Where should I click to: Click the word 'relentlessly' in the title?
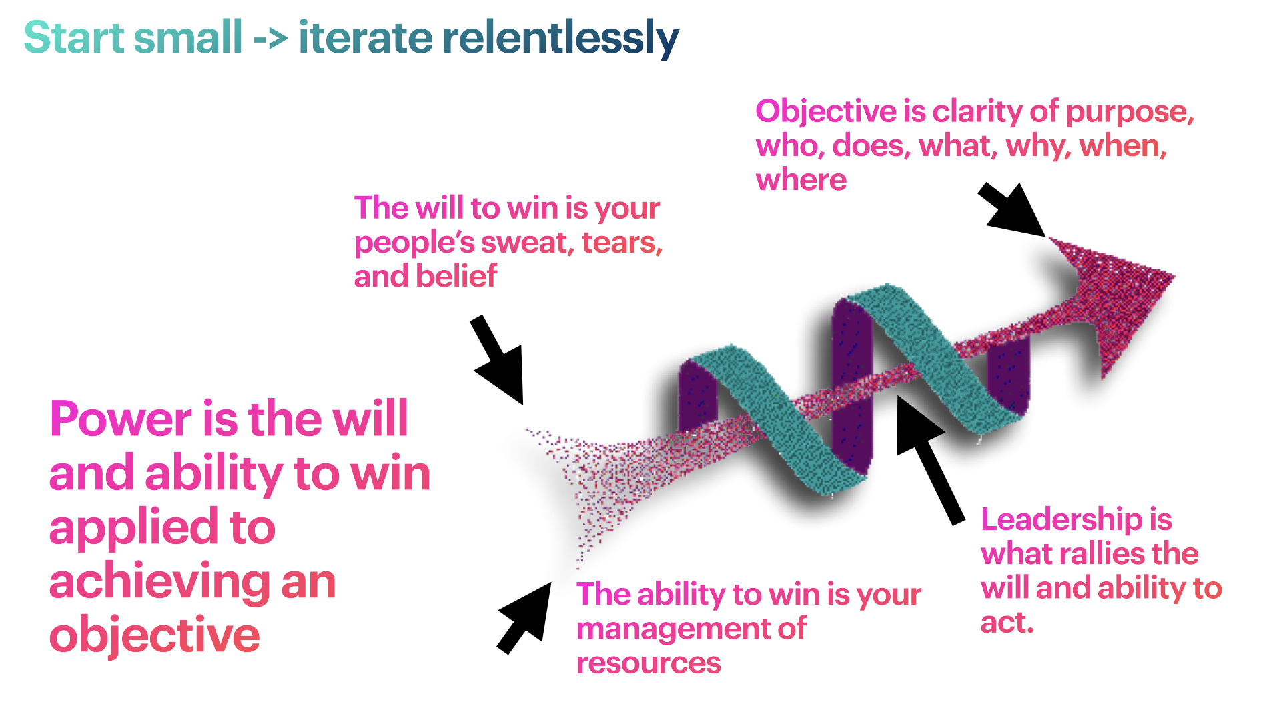560,38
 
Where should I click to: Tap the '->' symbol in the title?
270,39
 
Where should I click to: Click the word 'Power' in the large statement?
121,421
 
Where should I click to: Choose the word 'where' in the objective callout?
801,180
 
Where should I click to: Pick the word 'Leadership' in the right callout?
1061,520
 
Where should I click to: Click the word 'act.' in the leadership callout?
1007,623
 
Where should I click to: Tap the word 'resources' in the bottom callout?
649,663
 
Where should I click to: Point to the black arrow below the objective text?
1012,209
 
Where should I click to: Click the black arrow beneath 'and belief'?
498,360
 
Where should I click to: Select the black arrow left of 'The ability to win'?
525,618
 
